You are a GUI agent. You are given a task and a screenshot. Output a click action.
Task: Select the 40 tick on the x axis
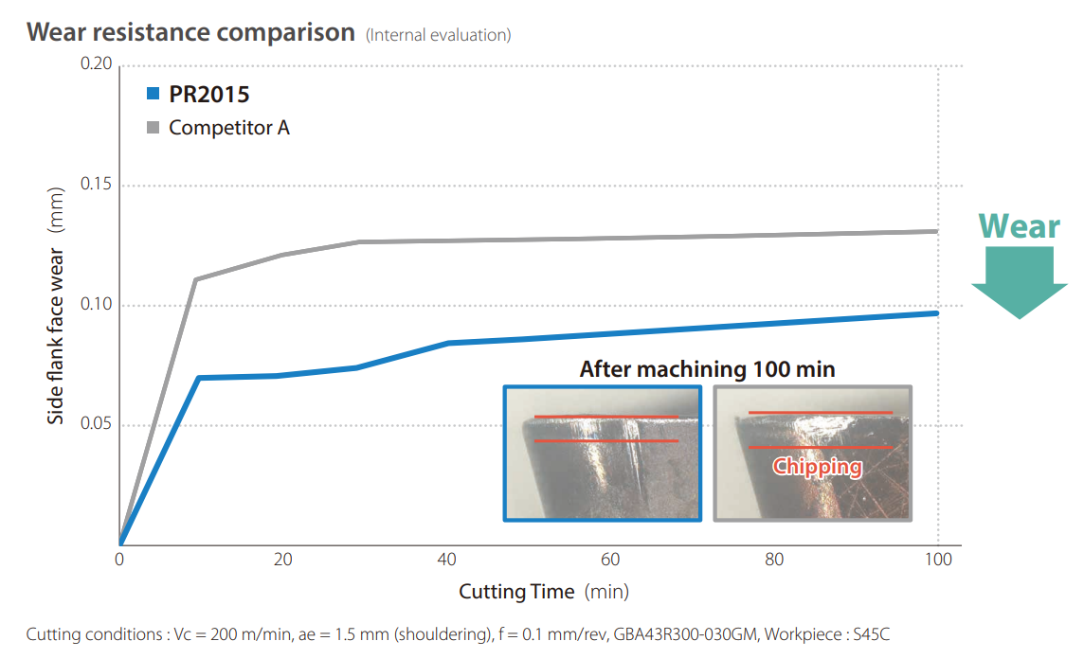click(447, 560)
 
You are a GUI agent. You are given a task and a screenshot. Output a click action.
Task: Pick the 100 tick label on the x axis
click(937, 560)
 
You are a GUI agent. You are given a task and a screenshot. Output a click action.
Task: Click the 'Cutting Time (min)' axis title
click(544, 592)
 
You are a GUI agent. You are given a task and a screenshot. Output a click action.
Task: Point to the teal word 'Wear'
click(1019, 226)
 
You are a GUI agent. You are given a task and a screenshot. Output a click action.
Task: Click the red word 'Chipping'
click(817, 466)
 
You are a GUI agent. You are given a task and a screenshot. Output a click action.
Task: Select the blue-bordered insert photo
click(602, 454)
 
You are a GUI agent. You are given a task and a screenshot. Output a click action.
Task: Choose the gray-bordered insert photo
click(812, 454)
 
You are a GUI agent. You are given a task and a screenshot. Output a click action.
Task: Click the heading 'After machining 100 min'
click(707, 369)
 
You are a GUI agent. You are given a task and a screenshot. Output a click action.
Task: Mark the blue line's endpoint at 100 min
click(936, 312)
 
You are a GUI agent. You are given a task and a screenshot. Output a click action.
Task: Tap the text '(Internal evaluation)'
click(438, 35)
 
